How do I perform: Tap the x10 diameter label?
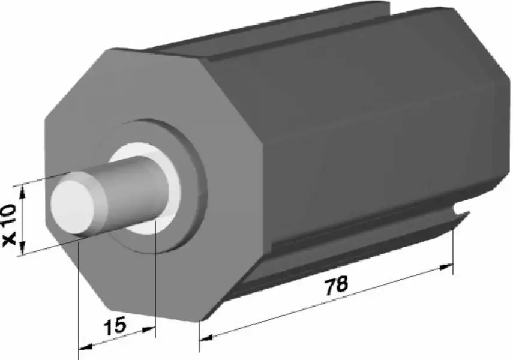tap(10, 225)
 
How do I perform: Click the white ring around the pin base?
tap(173, 187)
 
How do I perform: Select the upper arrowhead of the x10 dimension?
tap(22, 192)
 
